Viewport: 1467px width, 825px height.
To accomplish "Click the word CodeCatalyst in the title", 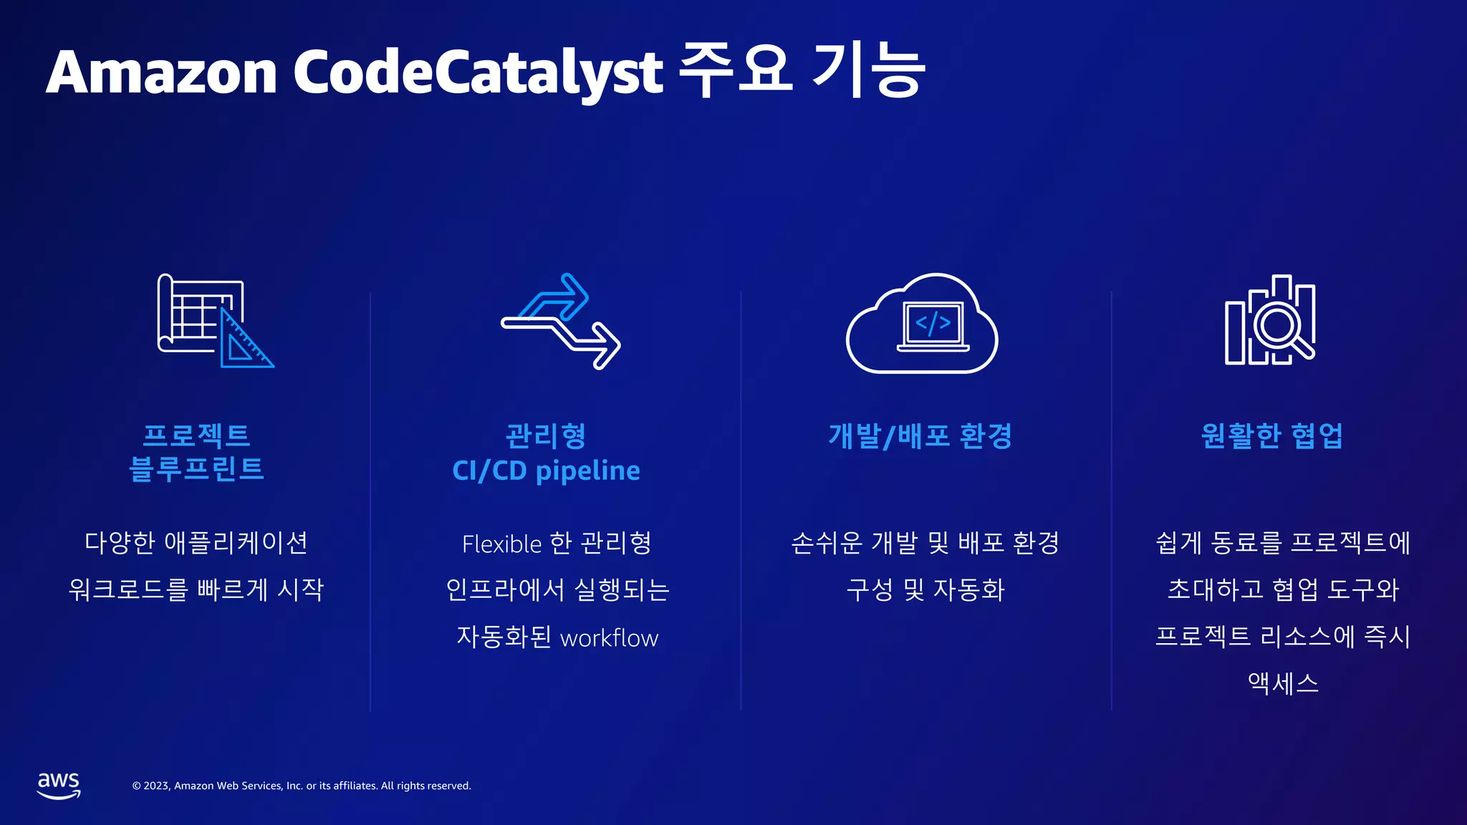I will pyautogui.click(x=478, y=72).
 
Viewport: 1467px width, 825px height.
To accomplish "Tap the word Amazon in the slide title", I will pyautogui.click(x=162, y=72).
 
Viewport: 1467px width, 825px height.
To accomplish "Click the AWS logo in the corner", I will pyautogui.click(x=59, y=785).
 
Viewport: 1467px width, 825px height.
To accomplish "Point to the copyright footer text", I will pyautogui.click(x=302, y=786).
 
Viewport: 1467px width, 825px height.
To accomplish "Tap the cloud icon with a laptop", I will pyautogui.click(x=922, y=324).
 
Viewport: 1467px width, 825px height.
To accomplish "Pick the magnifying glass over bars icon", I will pyautogui.click(x=1270, y=320).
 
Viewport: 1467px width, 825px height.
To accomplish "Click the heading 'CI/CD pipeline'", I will pyautogui.click(x=546, y=471).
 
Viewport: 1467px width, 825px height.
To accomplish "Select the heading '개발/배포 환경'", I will pyautogui.click(x=920, y=435).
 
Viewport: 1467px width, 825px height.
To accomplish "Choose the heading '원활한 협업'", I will pyautogui.click(x=1271, y=435).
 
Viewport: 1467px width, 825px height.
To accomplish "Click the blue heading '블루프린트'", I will pyautogui.click(x=196, y=469).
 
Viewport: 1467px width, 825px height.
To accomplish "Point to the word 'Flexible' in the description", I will pyautogui.click(x=501, y=544).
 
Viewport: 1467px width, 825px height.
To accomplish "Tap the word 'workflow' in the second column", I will pyautogui.click(x=609, y=638).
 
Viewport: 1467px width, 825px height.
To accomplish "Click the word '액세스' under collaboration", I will pyautogui.click(x=1282, y=683).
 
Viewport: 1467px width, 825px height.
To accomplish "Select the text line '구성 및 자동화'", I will pyautogui.click(x=925, y=590).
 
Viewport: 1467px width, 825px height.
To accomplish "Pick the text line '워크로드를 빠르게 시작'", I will pyautogui.click(x=196, y=590).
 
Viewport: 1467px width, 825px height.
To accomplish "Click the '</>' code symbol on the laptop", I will pyautogui.click(x=933, y=323).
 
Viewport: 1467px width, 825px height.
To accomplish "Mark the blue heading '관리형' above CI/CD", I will pyautogui.click(x=546, y=435).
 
